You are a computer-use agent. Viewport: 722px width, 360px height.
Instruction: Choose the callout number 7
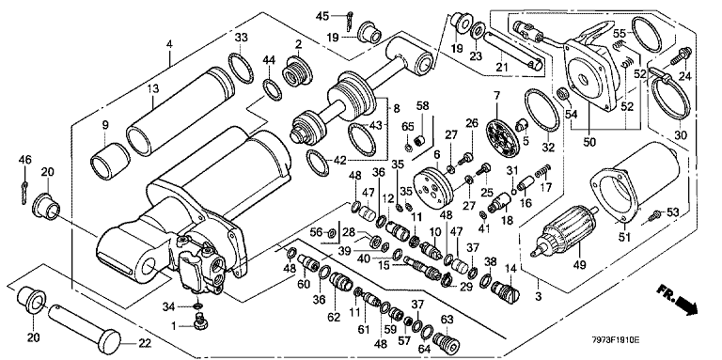496,96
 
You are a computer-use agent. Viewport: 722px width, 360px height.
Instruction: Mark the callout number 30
680,135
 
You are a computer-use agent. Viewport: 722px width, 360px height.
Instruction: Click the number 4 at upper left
169,45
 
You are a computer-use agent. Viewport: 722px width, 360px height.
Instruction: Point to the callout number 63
447,318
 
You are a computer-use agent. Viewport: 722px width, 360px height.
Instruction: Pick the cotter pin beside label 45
350,20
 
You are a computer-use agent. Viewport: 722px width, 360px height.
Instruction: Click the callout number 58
422,106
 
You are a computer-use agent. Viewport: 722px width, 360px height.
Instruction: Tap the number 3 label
539,297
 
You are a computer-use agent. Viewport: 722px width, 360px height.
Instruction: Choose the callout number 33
241,38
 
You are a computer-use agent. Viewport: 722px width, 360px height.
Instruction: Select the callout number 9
105,124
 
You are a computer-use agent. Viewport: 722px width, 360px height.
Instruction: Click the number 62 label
334,317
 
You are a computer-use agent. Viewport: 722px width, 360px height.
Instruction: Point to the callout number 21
501,68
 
